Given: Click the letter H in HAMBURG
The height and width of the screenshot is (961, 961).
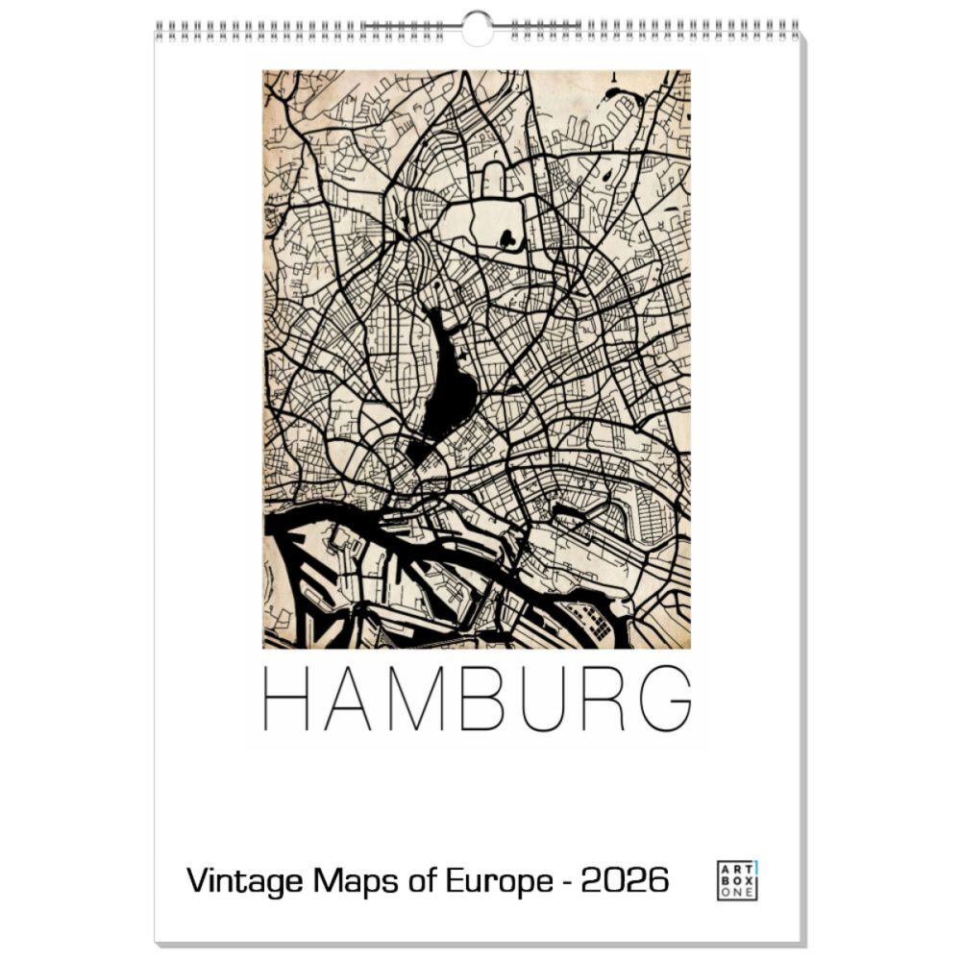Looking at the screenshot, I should pyautogui.click(x=284, y=697).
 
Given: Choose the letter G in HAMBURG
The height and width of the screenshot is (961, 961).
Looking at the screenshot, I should pyautogui.click(x=666, y=697).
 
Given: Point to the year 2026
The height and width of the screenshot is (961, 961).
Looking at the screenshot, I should pyautogui.click(x=624, y=879).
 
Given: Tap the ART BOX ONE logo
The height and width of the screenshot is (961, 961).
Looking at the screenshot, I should pyautogui.click(x=737, y=880).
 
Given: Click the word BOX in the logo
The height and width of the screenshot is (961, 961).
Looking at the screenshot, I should pyautogui.click(x=737, y=880).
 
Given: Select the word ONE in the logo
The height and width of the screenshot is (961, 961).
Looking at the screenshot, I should pyautogui.click(x=737, y=893).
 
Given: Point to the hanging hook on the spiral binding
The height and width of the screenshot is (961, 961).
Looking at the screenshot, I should pyautogui.click(x=476, y=27).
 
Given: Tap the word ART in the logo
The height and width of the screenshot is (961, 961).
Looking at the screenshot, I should pyautogui.click(x=735, y=868).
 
